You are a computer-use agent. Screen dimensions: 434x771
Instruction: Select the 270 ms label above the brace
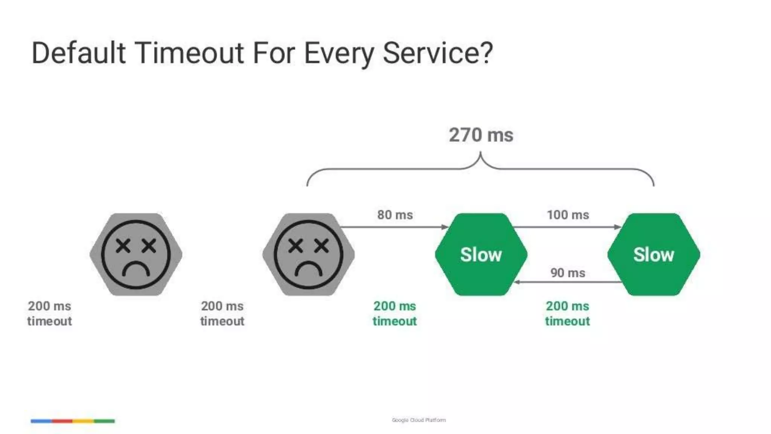click(x=481, y=135)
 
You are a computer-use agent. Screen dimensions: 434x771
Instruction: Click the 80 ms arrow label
click(x=395, y=215)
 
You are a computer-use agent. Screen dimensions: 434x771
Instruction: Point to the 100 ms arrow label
click(x=568, y=215)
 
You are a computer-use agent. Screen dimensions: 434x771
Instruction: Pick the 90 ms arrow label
click(x=568, y=273)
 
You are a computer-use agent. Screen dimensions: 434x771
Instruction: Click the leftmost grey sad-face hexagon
click(x=136, y=254)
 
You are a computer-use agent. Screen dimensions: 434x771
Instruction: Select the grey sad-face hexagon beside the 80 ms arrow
click(x=308, y=254)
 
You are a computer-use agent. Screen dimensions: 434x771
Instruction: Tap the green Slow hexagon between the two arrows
click(x=481, y=254)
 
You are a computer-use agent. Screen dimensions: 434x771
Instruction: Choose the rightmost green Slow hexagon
click(x=654, y=254)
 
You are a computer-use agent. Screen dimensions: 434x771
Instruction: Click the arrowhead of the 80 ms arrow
click(x=445, y=227)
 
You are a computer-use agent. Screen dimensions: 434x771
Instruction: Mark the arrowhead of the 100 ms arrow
click(x=618, y=227)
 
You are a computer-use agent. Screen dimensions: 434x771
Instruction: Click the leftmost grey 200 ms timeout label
click(x=49, y=313)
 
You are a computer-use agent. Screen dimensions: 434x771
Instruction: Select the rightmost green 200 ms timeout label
click(x=567, y=313)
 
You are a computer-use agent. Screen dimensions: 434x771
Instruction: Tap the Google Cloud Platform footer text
click(x=419, y=420)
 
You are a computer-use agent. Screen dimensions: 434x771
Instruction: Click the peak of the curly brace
click(x=480, y=153)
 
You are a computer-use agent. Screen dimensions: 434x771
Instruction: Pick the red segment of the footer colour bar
click(x=62, y=421)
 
